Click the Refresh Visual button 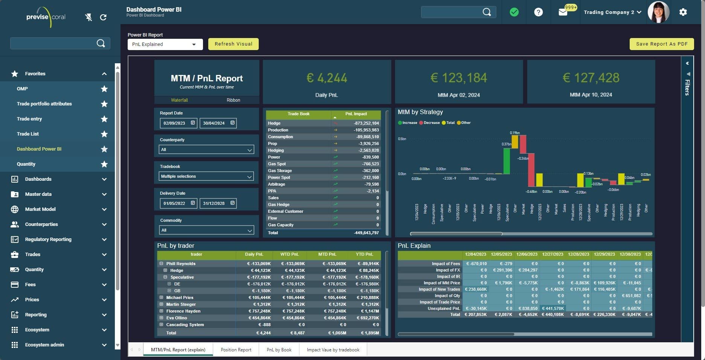(233, 44)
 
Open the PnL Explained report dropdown (165, 44)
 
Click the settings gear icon (683, 12)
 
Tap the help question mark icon (539, 12)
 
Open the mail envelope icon (563, 12)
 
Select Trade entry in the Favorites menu (29, 119)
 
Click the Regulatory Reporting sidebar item (48, 239)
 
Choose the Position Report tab (236, 350)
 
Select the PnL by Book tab (279, 350)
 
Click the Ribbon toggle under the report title (233, 100)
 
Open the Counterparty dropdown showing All (206, 150)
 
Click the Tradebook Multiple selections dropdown (206, 177)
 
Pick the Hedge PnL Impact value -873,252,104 (366, 124)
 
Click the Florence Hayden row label (183, 311)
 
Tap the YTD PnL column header (364, 255)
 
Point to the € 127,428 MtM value (591, 78)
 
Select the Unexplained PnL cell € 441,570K (552, 308)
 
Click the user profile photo (658, 12)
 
